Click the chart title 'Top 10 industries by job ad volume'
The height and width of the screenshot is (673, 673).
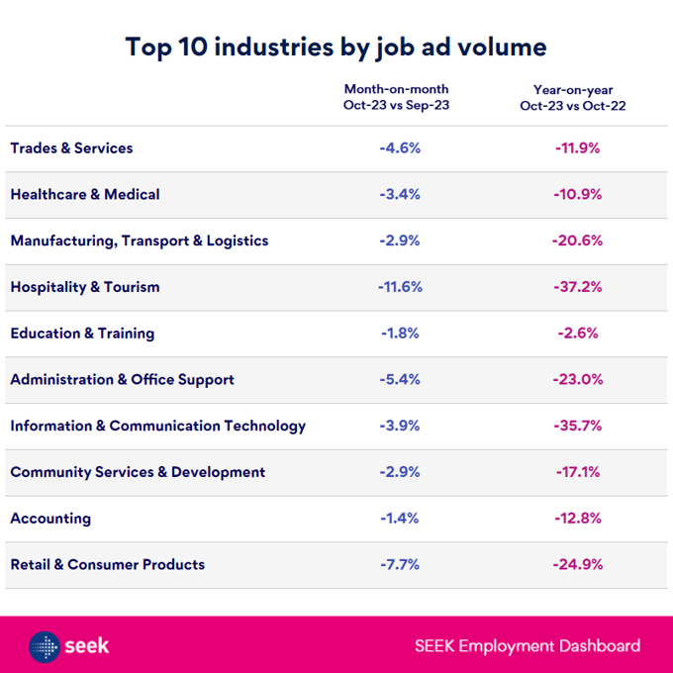(x=336, y=47)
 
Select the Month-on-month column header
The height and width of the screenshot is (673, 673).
(x=396, y=97)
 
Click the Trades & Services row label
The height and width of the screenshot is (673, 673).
(x=71, y=148)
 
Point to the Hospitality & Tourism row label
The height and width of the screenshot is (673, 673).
(x=85, y=287)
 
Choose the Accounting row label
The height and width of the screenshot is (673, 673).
(x=50, y=519)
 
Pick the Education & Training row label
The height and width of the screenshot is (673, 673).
(x=82, y=334)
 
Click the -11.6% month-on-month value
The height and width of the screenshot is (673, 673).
(x=400, y=287)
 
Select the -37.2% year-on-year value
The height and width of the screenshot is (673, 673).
(x=578, y=287)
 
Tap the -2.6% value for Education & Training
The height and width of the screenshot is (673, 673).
(x=578, y=334)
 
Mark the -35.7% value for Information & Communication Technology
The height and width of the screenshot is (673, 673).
(x=578, y=426)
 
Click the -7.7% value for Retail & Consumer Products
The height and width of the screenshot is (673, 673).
(x=400, y=565)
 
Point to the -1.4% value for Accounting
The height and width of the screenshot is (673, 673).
(x=400, y=519)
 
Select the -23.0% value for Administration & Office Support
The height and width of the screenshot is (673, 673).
(x=578, y=380)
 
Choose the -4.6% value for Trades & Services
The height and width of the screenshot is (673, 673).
(x=400, y=148)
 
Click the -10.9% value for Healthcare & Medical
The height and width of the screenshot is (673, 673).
(x=578, y=195)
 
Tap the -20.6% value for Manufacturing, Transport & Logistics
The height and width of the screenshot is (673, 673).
(x=578, y=240)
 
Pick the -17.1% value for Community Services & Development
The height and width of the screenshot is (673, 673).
(x=578, y=472)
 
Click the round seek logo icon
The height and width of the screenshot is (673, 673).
(x=45, y=646)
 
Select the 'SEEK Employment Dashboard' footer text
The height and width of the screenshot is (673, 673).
(x=528, y=646)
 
